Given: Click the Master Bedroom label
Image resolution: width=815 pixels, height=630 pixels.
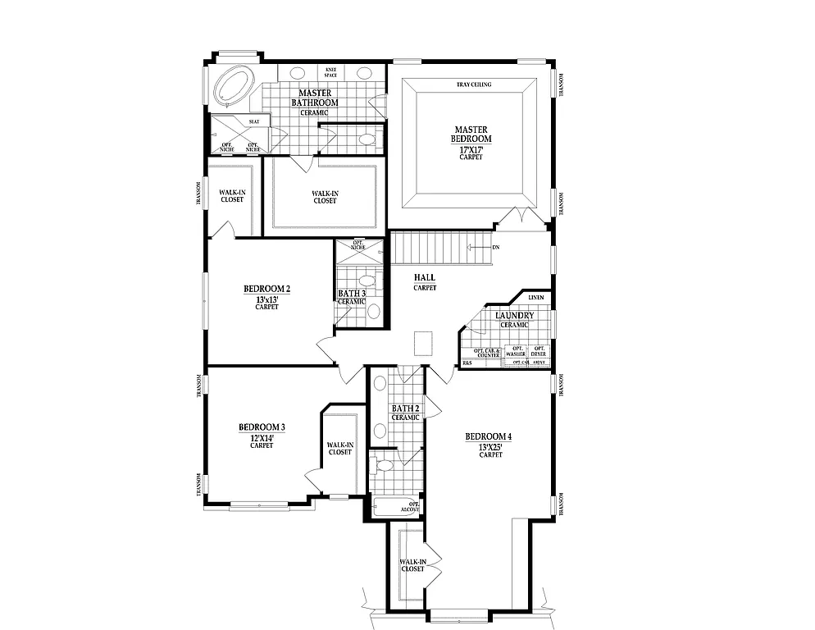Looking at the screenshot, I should coord(471,135).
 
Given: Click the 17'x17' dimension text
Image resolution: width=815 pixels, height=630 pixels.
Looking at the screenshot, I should coord(471,148).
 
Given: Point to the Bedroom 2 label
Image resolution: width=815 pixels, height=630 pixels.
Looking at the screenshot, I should coord(266,289).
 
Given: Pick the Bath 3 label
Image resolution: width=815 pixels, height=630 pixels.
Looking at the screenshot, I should coord(352,293).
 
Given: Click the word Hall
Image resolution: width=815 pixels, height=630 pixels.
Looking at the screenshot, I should coord(424,278).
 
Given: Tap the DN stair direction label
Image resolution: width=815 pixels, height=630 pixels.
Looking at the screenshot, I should coord(495,247).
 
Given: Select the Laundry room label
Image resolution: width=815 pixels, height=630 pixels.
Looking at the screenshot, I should coord(515,316).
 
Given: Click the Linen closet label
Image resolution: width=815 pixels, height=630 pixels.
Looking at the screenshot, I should coord(535,298).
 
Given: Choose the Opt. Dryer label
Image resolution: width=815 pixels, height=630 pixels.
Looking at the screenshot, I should coord(539,352).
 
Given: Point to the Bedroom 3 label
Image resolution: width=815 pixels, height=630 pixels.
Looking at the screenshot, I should coord(262,427).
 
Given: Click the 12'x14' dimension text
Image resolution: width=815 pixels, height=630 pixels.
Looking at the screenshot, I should coord(262,438).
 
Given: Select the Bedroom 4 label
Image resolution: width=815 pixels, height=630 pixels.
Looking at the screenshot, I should coord(488,436).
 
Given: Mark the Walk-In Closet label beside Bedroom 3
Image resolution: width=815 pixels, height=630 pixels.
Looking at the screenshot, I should coord(340,449).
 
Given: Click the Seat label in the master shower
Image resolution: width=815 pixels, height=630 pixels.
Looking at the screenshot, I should coord(254,121).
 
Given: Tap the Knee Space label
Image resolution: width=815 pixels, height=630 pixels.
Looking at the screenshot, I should coord(331,72).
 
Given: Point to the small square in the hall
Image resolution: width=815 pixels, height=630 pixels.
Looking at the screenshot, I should coord(424,343).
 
